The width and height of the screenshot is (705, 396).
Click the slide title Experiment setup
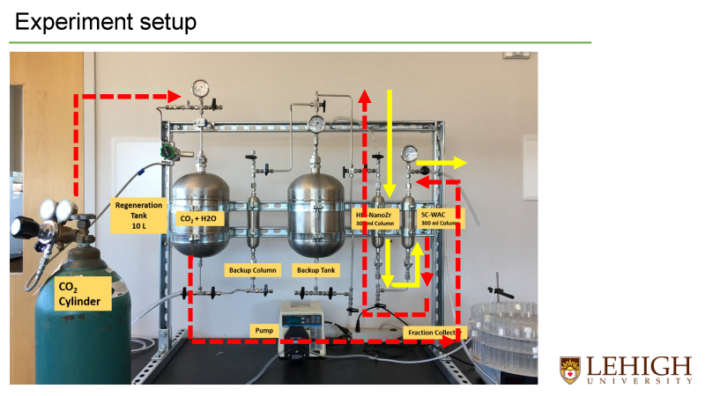click(105, 21)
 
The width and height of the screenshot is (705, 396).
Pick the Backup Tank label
click(315, 269)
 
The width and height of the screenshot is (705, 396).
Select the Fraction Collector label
click(431, 333)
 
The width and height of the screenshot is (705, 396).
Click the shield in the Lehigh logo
click(570, 369)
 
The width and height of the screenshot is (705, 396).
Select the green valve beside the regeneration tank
click(166, 152)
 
